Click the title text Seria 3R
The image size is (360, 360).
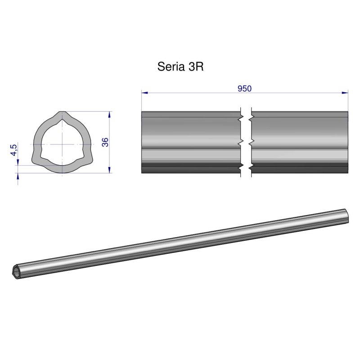pos(181,67)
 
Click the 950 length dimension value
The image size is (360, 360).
pos(244,89)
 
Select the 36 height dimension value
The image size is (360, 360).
pos(105,142)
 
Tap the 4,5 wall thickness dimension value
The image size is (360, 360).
pos(14,150)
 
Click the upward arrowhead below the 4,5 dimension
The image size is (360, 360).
pos(18,176)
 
